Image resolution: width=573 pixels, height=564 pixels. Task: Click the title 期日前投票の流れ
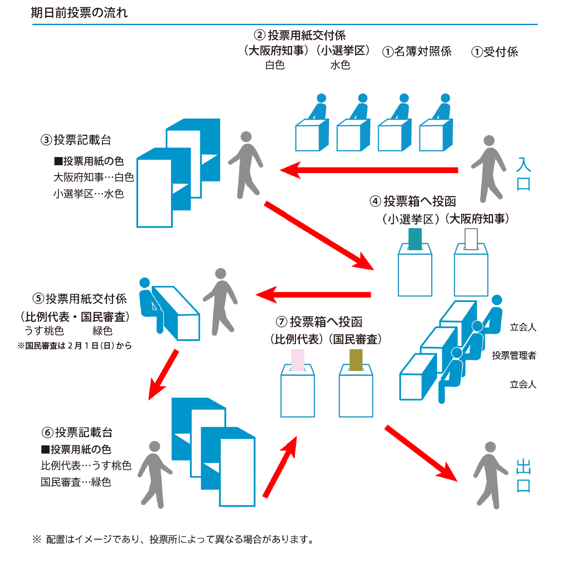point(79,13)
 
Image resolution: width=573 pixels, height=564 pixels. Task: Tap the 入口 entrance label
point(523,174)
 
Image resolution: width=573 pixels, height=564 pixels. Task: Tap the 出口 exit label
point(523,476)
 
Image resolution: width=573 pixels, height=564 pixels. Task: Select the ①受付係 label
point(494,52)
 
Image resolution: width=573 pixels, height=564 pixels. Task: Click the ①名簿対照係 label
point(417,52)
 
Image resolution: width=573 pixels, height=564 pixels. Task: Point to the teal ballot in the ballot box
point(415,239)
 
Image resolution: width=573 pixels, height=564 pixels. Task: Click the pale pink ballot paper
point(297,360)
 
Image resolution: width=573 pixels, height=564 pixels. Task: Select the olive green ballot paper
point(356,360)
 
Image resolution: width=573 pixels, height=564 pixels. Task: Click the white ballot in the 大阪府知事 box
point(471,239)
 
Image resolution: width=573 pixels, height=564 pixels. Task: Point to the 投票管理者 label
point(514,355)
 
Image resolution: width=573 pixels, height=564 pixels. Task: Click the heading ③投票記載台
point(76,140)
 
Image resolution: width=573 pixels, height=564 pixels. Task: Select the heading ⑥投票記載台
point(77,432)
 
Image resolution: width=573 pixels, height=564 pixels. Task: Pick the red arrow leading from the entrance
point(369,170)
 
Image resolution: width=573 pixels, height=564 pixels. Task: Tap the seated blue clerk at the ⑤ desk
point(149,304)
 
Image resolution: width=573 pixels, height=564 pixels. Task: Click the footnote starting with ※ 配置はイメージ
point(173,539)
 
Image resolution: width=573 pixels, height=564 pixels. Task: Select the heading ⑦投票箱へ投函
point(319,322)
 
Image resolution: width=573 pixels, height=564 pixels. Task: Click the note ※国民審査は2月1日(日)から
point(74,346)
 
